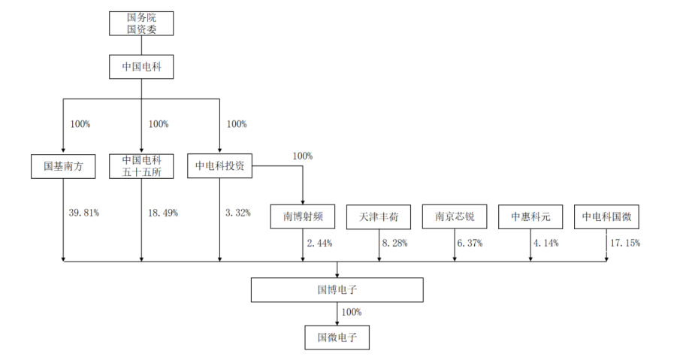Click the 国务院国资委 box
click(x=141, y=23)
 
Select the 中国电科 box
click(x=141, y=67)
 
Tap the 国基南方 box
click(x=63, y=166)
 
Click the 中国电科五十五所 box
click(x=141, y=166)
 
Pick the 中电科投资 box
click(x=219, y=165)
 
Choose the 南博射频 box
click(x=303, y=216)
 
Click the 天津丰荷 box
click(x=379, y=217)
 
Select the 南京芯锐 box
click(x=455, y=216)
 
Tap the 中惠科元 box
click(x=530, y=217)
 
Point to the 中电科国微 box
click(x=606, y=216)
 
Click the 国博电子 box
click(x=337, y=290)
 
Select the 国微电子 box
click(x=337, y=337)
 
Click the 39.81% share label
click(x=84, y=213)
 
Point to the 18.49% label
click(x=163, y=213)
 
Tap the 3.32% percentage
click(x=238, y=213)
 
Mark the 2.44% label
click(x=320, y=244)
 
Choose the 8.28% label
click(x=395, y=244)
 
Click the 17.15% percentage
click(x=625, y=244)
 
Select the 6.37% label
click(x=470, y=244)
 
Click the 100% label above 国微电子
click(x=352, y=312)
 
